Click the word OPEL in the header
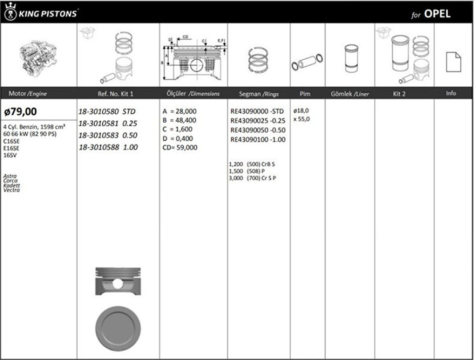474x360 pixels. click(x=437, y=14)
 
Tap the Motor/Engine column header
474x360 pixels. click(x=28, y=94)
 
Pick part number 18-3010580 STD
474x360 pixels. click(x=107, y=111)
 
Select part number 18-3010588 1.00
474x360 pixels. click(x=108, y=147)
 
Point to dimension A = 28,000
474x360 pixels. click(x=180, y=111)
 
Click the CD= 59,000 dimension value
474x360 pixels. click(x=180, y=147)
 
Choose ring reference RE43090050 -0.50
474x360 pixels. click(x=257, y=130)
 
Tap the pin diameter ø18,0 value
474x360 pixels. click(x=301, y=110)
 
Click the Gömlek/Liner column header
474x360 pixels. click(x=349, y=94)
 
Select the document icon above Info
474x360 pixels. click(x=453, y=62)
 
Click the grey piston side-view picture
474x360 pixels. click(x=118, y=281)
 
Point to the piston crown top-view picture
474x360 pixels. click(x=118, y=327)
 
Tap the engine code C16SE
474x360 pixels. click(x=11, y=141)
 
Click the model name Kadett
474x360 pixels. click(x=11, y=185)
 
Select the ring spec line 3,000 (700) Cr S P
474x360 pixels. click(x=252, y=178)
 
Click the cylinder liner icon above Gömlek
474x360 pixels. click(x=351, y=58)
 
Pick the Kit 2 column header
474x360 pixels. click(x=399, y=94)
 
